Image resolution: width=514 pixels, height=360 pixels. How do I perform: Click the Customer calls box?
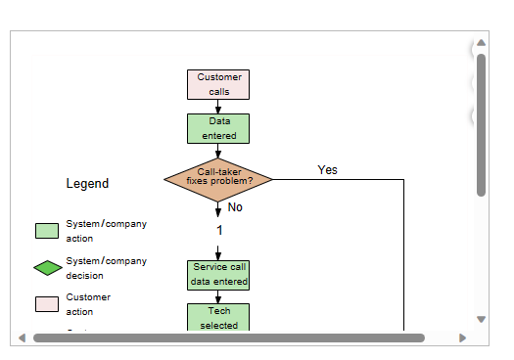(218, 84)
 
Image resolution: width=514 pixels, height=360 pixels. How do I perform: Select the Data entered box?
(218, 128)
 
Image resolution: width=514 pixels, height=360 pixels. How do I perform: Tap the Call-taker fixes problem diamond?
(218, 177)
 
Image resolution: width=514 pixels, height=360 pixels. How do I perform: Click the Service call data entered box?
(218, 274)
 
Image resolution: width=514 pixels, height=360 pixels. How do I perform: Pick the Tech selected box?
(218, 317)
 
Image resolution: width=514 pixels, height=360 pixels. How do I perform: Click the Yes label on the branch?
(327, 170)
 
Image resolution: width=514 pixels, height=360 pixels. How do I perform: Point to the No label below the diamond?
(235, 207)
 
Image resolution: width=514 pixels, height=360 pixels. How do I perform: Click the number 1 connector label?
(219, 231)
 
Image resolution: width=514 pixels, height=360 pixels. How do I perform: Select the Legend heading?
(87, 183)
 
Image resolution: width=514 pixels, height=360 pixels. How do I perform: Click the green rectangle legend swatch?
(47, 231)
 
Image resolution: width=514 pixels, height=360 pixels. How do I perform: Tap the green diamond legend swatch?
(47, 268)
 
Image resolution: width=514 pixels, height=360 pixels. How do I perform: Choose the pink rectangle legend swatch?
(47, 304)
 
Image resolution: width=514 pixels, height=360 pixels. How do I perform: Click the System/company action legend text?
(106, 231)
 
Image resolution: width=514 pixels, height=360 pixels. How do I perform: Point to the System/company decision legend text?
(106, 268)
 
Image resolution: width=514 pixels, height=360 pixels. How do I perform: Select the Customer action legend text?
(88, 304)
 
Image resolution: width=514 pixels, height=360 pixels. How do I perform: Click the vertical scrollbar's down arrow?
(481, 319)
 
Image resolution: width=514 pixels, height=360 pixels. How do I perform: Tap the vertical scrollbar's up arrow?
(481, 44)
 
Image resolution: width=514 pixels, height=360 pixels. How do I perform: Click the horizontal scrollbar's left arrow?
(22, 338)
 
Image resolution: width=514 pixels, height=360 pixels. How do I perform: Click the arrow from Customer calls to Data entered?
(218, 107)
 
